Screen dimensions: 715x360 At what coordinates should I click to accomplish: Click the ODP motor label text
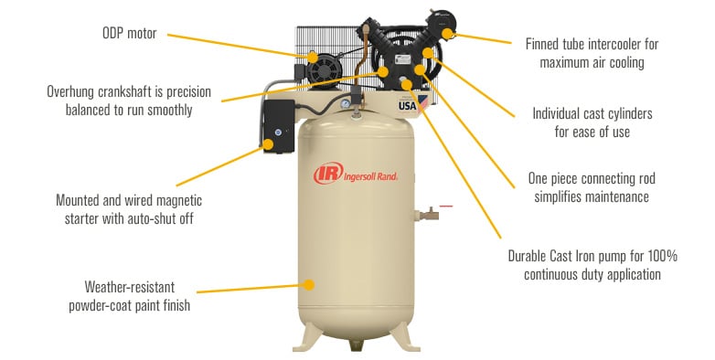(x=129, y=34)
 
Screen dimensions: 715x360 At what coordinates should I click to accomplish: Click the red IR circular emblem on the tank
(x=325, y=174)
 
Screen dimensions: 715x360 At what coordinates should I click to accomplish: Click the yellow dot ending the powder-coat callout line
(x=309, y=286)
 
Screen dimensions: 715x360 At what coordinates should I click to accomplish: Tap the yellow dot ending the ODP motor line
(x=312, y=58)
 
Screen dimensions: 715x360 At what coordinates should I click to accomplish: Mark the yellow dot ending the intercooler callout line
(x=447, y=35)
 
